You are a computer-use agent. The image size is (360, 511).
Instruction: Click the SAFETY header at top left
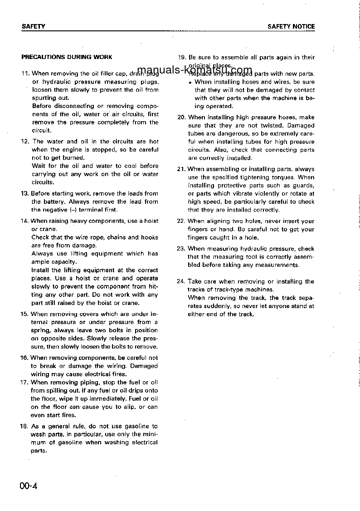34,27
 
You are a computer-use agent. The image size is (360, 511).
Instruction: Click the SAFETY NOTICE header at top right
291,27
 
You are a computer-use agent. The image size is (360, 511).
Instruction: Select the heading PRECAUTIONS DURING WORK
67,57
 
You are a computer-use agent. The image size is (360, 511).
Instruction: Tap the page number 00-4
28,486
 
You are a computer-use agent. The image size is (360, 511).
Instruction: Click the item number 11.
25,74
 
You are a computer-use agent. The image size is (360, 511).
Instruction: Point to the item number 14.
25,221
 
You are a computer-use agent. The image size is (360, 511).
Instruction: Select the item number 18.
25,427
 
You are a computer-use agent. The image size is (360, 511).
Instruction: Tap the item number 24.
181,281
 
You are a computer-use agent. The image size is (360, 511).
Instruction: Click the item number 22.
181,221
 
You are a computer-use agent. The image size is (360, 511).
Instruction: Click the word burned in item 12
75,158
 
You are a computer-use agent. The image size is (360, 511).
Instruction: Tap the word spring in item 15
40,330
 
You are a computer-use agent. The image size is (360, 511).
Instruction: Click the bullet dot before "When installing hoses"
190,82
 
